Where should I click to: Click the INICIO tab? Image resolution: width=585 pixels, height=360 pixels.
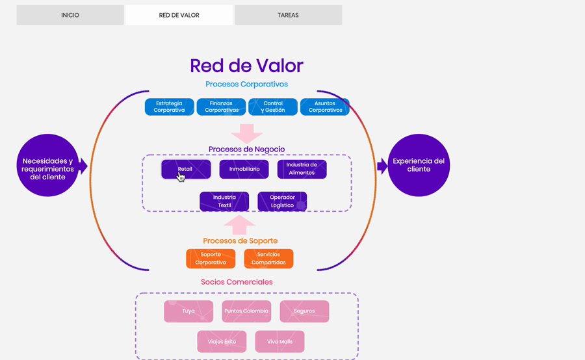point(70,15)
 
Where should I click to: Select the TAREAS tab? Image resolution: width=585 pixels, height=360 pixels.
point(288,15)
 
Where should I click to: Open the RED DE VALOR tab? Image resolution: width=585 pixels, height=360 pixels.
point(179,15)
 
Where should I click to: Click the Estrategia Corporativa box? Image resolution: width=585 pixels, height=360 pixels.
point(169,107)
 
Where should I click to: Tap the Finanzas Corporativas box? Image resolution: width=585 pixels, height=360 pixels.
point(221,107)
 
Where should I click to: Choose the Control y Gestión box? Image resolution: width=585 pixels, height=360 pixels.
point(273,107)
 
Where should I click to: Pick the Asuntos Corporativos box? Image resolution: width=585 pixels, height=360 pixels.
point(325,107)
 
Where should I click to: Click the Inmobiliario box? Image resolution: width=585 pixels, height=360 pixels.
point(244,169)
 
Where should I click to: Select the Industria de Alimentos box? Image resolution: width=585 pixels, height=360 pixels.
point(302,169)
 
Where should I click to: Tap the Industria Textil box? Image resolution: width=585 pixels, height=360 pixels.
point(224,201)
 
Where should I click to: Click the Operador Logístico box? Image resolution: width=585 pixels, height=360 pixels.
point(282,201)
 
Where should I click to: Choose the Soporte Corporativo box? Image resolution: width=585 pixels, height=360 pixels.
point(211,259)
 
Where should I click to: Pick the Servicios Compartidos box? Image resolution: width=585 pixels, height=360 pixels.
point(268,259)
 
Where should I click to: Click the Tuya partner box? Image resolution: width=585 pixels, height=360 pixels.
point(188,311)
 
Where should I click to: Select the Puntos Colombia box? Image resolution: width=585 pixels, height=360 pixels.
point(246,311)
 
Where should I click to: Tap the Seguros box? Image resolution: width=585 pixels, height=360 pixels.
point(304,311)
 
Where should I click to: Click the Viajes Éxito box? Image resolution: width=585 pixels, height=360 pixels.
point(222,342)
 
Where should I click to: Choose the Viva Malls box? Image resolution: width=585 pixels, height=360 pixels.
point(279,342)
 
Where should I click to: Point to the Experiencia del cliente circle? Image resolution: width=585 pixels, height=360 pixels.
point(419,165)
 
